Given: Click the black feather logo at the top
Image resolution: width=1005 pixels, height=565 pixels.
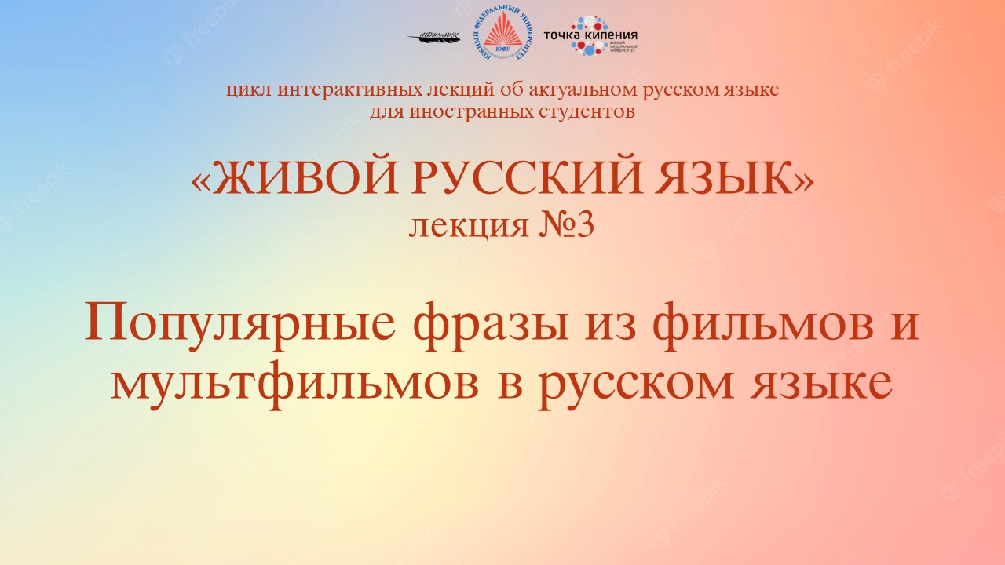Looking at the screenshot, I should [x=436, y=37].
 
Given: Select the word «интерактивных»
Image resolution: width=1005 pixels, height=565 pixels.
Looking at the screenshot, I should [x=326, y=89].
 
